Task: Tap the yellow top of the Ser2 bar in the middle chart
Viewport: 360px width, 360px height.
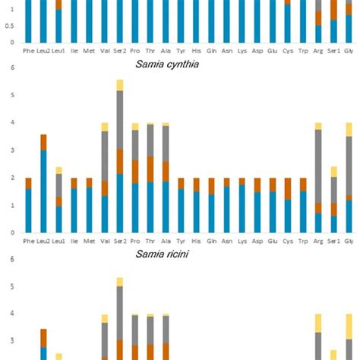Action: click(120, 85)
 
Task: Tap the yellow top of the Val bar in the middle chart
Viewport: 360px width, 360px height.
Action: click(105, 127)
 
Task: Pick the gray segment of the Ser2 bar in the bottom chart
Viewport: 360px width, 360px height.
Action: click(120, 311)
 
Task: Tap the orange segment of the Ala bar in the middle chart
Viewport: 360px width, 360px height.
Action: click(166, 172)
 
